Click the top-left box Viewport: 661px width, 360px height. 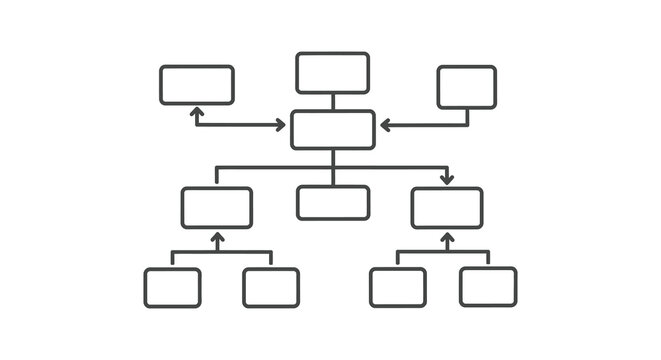[x=197, y=85]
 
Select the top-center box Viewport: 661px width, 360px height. [x=333, y=73]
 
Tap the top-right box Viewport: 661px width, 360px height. [x=466, y=87]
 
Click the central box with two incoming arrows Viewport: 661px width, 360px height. [x=333, y=130]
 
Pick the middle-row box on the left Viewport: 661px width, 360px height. [x=217, y=208]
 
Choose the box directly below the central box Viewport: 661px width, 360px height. [x=333, y=202]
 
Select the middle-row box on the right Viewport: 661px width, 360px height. [x=447, y=208]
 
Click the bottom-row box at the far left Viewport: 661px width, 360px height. [x=172, y=287]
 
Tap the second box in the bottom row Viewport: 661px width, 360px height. [x=271, y=287]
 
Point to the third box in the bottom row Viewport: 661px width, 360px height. [x=397, y=287]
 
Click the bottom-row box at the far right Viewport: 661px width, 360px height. [x=488, y=287]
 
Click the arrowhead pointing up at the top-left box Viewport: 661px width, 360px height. [x=197, y=112]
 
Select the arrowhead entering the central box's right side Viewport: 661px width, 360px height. [x=386, y=126]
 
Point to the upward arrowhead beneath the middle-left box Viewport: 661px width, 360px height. [x=217, y=238]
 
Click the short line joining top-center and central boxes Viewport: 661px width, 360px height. [x=333, y=102]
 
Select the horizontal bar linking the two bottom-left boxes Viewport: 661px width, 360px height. [x=222, y=253]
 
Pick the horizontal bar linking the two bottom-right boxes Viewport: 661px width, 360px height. [x=443, y=253]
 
